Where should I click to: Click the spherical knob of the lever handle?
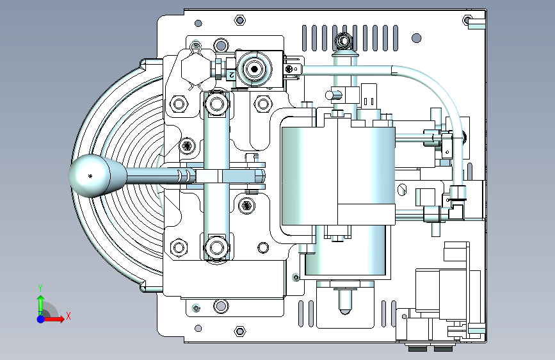[x=90, y=175]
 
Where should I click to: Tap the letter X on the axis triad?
[x=68, y=316]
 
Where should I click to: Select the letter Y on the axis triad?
[x=40, y=288]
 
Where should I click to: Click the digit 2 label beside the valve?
[x=230, y=75]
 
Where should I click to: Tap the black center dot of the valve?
[x=255, y=69]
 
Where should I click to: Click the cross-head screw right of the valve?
[x=293, y=69]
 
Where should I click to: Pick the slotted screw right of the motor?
[x=402, y=190]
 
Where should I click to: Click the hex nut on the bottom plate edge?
[x=240, y=332]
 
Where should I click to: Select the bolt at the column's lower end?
[x=216, y=247]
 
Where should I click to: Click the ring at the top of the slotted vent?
[x=344, y=42]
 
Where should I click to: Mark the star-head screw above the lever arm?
[x=188, y=146]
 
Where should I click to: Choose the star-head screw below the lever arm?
[x=248, y=206]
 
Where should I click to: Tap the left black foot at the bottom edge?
[x=417, y=349]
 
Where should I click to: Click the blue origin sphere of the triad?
[x=40, y=318]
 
